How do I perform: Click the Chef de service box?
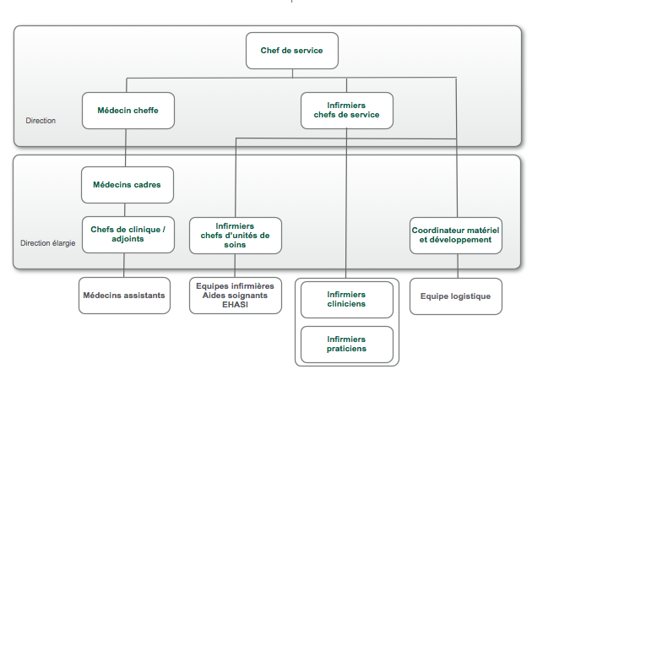point(291,51)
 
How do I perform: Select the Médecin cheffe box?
point(128,111)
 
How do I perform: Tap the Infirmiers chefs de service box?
point(346,111)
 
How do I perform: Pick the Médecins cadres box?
point(128,185)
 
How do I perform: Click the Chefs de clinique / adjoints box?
point(128,234)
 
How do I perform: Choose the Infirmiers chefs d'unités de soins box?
point(235,235)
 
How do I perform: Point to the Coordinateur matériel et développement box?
point(456,235)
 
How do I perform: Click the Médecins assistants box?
point(124,296)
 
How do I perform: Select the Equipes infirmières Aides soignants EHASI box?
point(235,296)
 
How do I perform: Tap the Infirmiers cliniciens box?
point(346,299)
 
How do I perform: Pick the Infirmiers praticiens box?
point(346,344)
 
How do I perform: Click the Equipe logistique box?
point(455,296)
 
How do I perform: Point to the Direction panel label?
point(41,121)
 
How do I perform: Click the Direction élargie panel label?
point(48,243)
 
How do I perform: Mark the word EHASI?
point(235,305)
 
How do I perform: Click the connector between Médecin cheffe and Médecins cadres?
point(126,148)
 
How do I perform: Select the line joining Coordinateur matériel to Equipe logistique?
point(458,266)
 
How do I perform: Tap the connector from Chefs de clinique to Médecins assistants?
point(124,265)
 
